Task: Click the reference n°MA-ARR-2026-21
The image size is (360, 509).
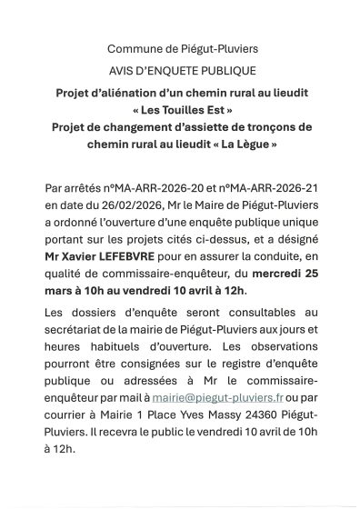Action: [259, 190]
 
